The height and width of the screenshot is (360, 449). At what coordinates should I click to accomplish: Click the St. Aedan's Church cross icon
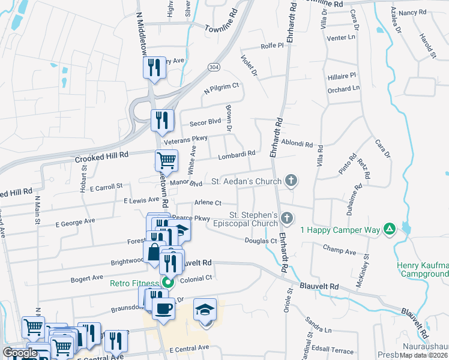(x=291, y=180)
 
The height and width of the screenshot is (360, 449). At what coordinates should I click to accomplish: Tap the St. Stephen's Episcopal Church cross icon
(x=287, y=218)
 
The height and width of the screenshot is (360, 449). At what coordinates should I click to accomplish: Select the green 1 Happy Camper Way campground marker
(x=390, y=229)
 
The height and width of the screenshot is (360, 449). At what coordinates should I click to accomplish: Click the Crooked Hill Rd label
(x=102, y=155)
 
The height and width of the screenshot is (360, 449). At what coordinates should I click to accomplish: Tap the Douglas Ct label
(x=260, y=241)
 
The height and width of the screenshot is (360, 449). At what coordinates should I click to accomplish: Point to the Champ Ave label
(x=339, y=248)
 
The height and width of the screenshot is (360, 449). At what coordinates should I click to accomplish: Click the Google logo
(x=20, y=353)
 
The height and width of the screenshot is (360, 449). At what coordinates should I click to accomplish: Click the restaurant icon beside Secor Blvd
(x=162, y=119)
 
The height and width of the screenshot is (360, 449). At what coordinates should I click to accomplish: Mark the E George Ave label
(x=75, y=222)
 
